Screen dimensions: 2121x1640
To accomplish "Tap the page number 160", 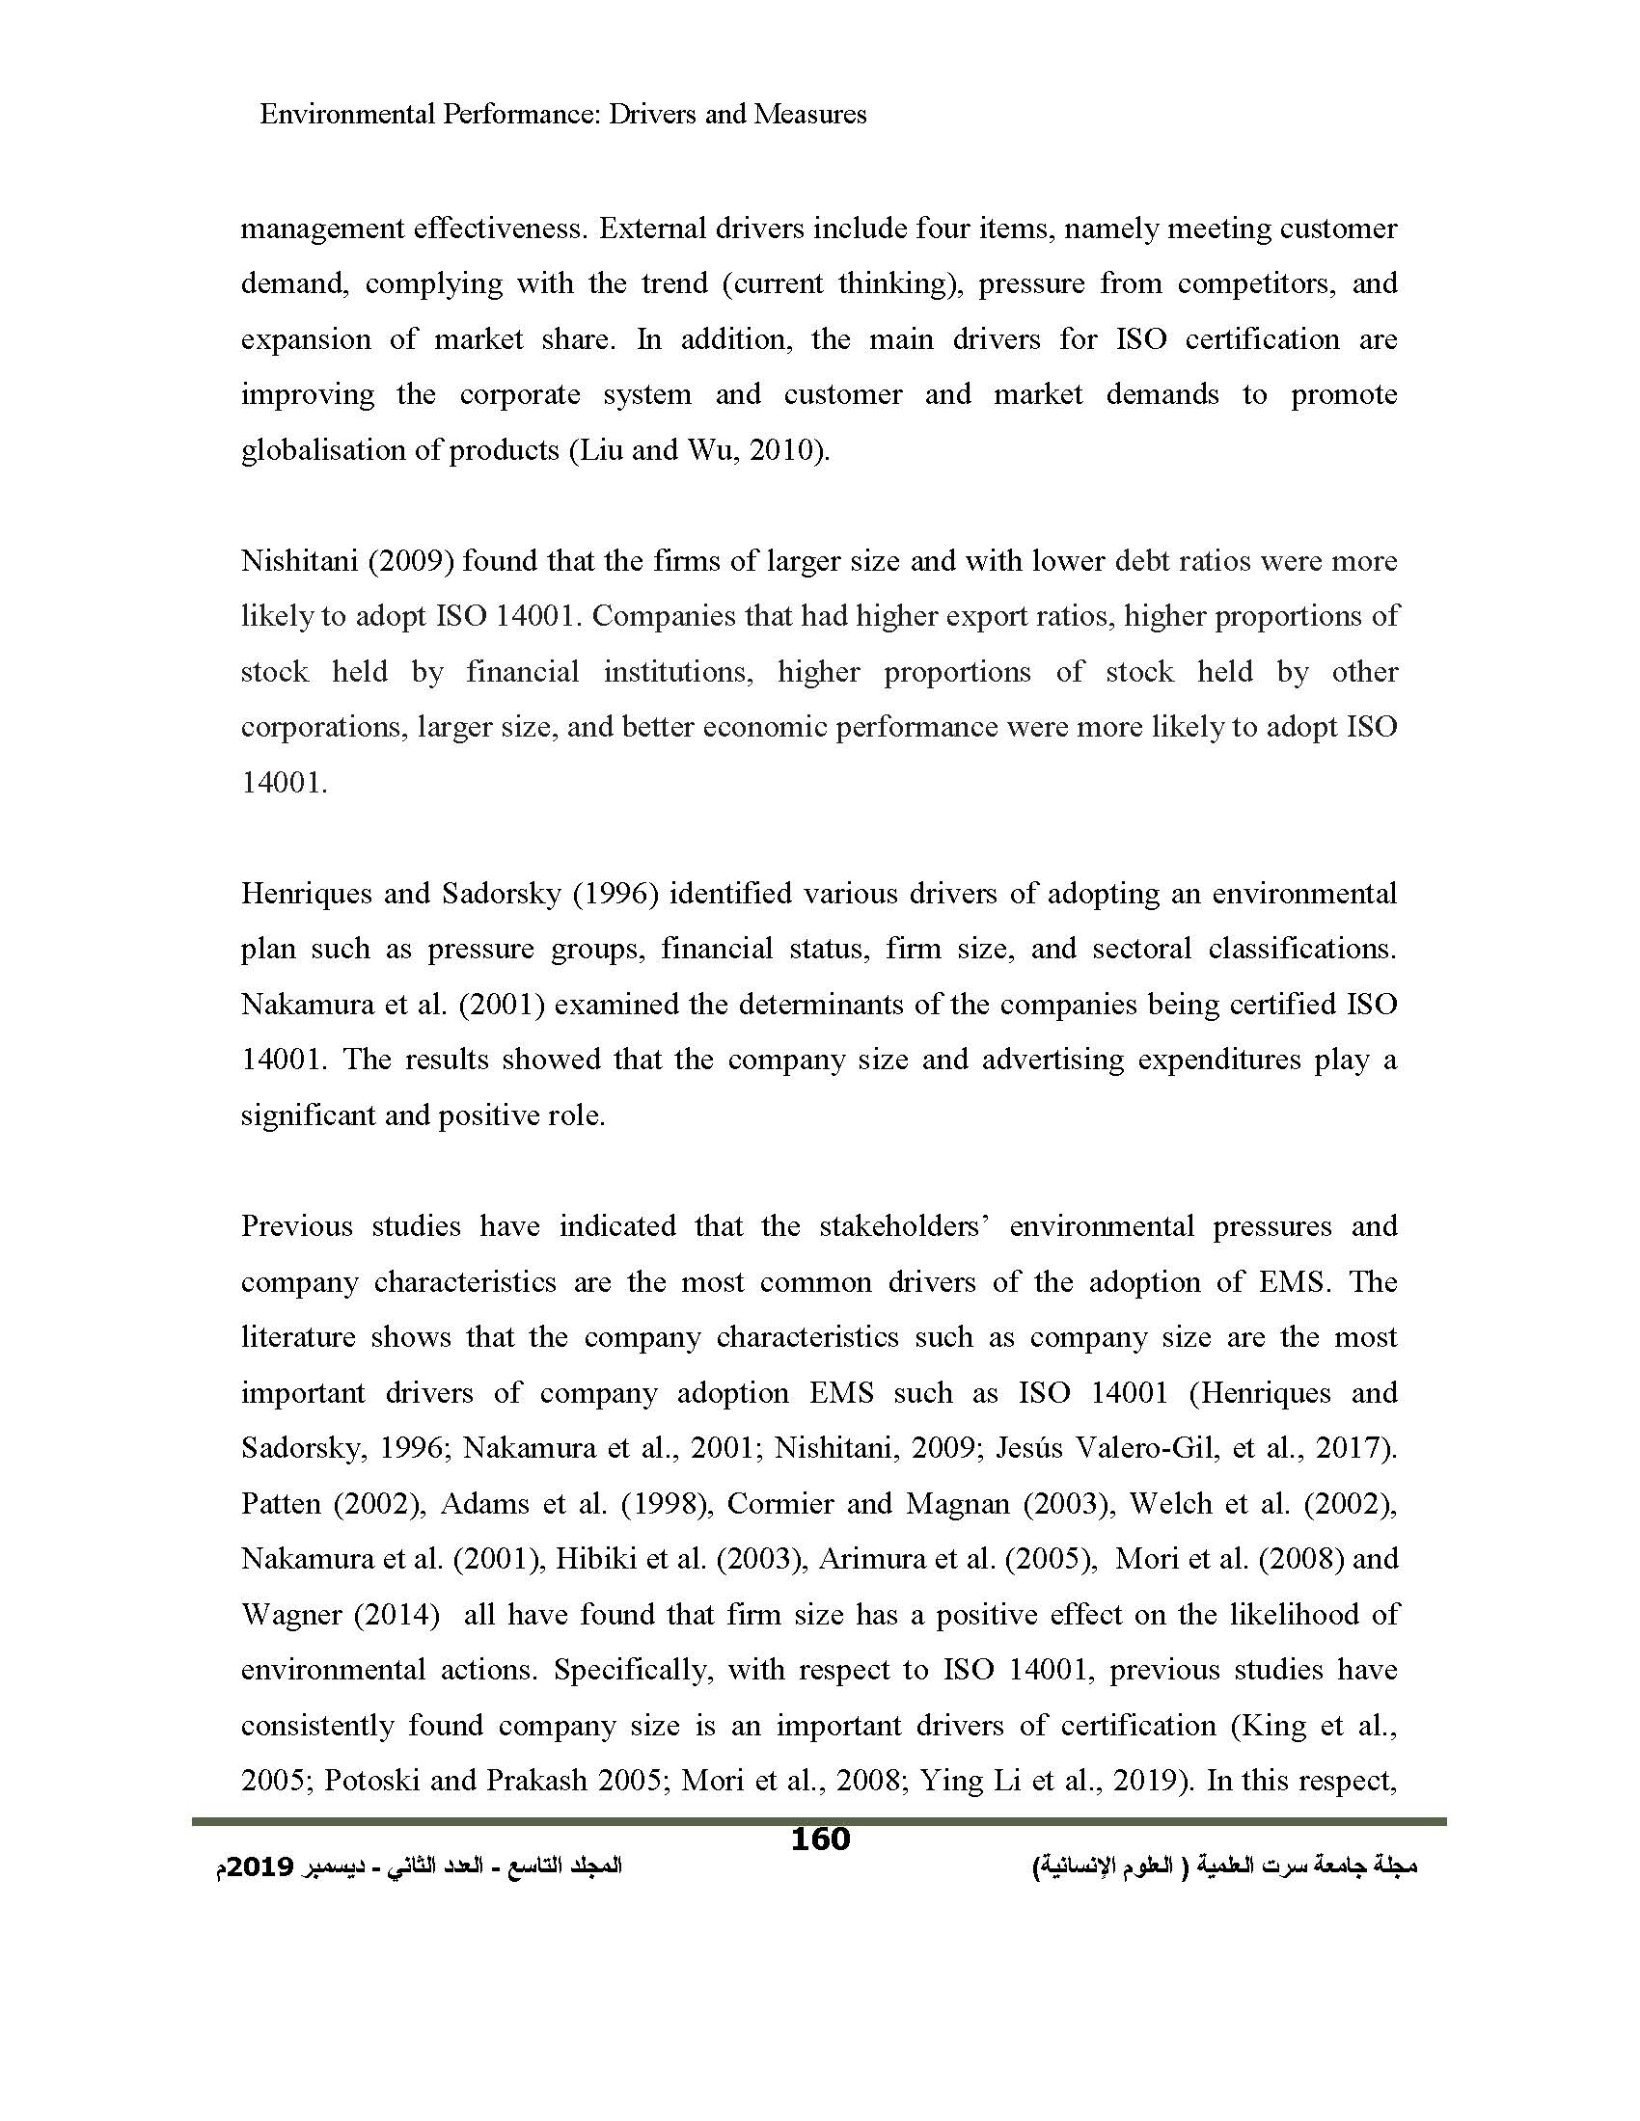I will pyautogui.click(x=820, y=1839).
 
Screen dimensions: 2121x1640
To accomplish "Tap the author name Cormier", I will pyautogui.click(x=778, y=1504).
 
